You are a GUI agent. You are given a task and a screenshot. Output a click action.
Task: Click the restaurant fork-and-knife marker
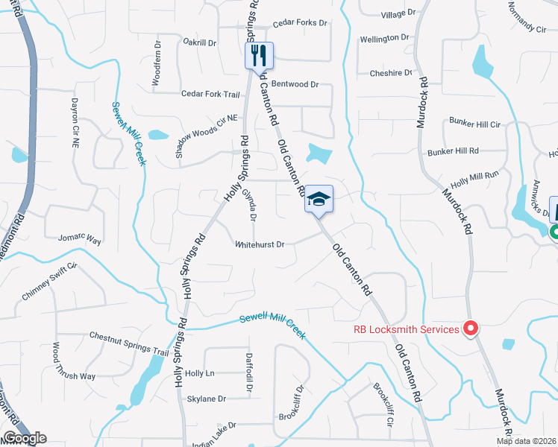(260, 56)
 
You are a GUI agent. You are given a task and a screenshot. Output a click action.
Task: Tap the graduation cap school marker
(319, 199)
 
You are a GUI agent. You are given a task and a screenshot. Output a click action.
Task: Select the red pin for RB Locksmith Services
(471, 328)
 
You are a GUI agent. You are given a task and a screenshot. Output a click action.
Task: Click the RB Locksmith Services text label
(406, 329)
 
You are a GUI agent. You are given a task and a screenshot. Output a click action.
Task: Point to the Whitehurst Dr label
(260, 244)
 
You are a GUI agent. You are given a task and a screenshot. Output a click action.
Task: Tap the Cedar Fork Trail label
(210, 95)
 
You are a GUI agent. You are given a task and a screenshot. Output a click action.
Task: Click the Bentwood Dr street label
(295, 84)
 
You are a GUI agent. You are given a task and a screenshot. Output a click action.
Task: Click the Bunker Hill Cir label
(474, 121)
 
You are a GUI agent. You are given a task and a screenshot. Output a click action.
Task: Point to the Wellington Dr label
(385, 37)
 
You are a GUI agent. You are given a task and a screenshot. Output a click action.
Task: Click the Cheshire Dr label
(391, 73)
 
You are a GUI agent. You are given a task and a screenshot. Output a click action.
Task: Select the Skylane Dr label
(206, 399)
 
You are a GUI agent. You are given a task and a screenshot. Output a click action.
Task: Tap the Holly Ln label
(199, 373)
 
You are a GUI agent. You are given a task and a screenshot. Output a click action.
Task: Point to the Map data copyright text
(525, 441)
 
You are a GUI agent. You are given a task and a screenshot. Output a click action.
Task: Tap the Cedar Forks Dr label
(300, 23)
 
